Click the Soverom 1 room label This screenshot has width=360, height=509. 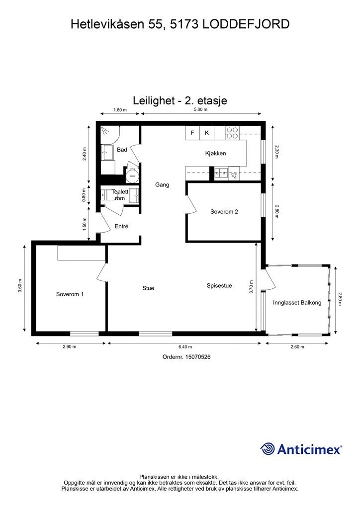[x=70, y=294]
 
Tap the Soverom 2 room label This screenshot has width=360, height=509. [x=224, y=212]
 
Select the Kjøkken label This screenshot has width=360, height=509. [x=215, y=154]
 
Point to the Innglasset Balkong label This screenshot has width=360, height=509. [x=297, y=303]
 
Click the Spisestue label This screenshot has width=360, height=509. [x=219, y=286]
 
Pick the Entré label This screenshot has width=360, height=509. [x=121, y=227]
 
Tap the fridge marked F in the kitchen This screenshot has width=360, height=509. [x=192, y=133]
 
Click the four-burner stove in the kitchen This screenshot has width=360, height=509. [x=232, y=133]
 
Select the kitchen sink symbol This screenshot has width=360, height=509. [x=227, y=173]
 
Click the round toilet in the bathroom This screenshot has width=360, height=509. [x=132, y=174]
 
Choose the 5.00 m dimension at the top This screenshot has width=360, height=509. [x=200, y=110]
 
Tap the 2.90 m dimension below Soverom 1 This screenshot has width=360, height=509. [x=70, y=347]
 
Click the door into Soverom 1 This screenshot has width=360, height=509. [x=102, y=272]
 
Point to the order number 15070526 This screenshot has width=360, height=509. [x=186, y=357]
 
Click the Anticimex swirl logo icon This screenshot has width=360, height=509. [x=268, y=449]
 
